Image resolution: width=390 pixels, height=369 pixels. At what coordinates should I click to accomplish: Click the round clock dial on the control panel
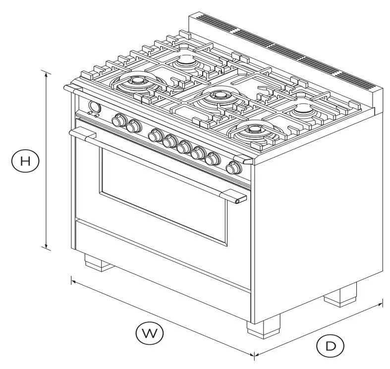click(93, 107)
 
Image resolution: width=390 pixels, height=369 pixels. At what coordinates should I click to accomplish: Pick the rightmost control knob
click(232, 168)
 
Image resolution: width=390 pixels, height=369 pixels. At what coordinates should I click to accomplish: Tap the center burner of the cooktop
click(217, 97)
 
